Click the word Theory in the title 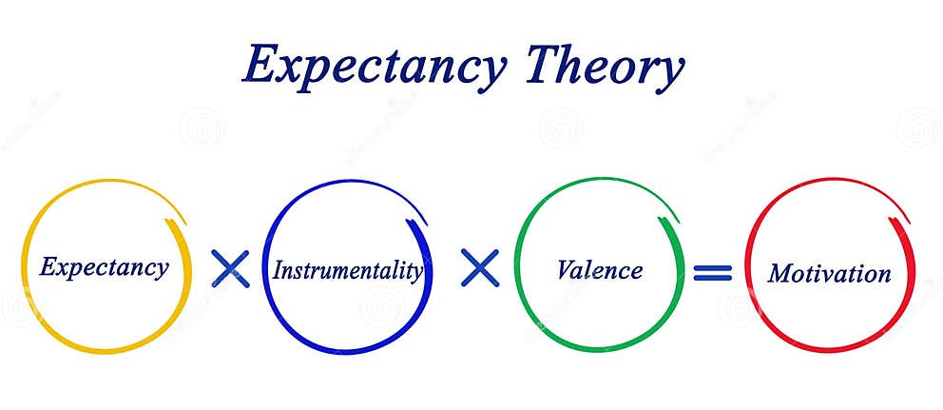coord(605,67)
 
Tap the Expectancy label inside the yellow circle coord(104,266)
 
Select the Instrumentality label coord(348,270)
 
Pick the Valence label coord(599,270)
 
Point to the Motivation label coord(829,274)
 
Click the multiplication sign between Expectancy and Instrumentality coord(229,269)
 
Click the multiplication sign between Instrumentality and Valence coord(480,268)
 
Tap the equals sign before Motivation coord(712,273)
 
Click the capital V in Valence coord(566,269)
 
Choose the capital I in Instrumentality coord(279,270)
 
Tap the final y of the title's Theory coord(669,72)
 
